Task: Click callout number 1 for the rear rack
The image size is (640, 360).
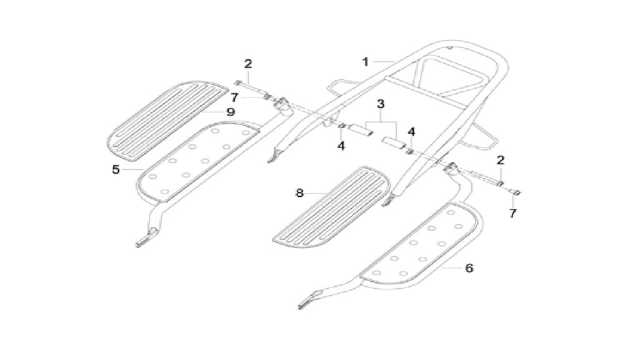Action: click(x=365, y=62)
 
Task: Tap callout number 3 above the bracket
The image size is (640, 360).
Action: click(x=381, y=104)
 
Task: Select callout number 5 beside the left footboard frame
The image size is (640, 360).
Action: click(x=116, y=169)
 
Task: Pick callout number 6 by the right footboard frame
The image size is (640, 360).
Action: click(x=469, y=268)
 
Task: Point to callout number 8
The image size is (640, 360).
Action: click(x=299, y=192)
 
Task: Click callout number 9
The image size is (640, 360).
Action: click(x=231, y=112)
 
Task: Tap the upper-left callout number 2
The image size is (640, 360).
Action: click(x=248, y=64)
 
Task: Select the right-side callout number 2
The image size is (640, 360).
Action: click(x=501, y=161)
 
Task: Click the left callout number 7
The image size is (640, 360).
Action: click(x=234, y=98)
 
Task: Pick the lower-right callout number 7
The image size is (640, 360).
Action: click(x=512, y=213)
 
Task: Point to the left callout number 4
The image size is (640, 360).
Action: click(x=341, y=146)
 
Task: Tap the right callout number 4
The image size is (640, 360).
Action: click(x=411, y=132)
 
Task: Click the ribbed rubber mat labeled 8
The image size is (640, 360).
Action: click(x=330, y=207)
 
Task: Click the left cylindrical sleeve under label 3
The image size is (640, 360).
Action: click(x=361, y=130)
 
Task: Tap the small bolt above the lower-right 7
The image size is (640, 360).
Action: click(x=516, y=192)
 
